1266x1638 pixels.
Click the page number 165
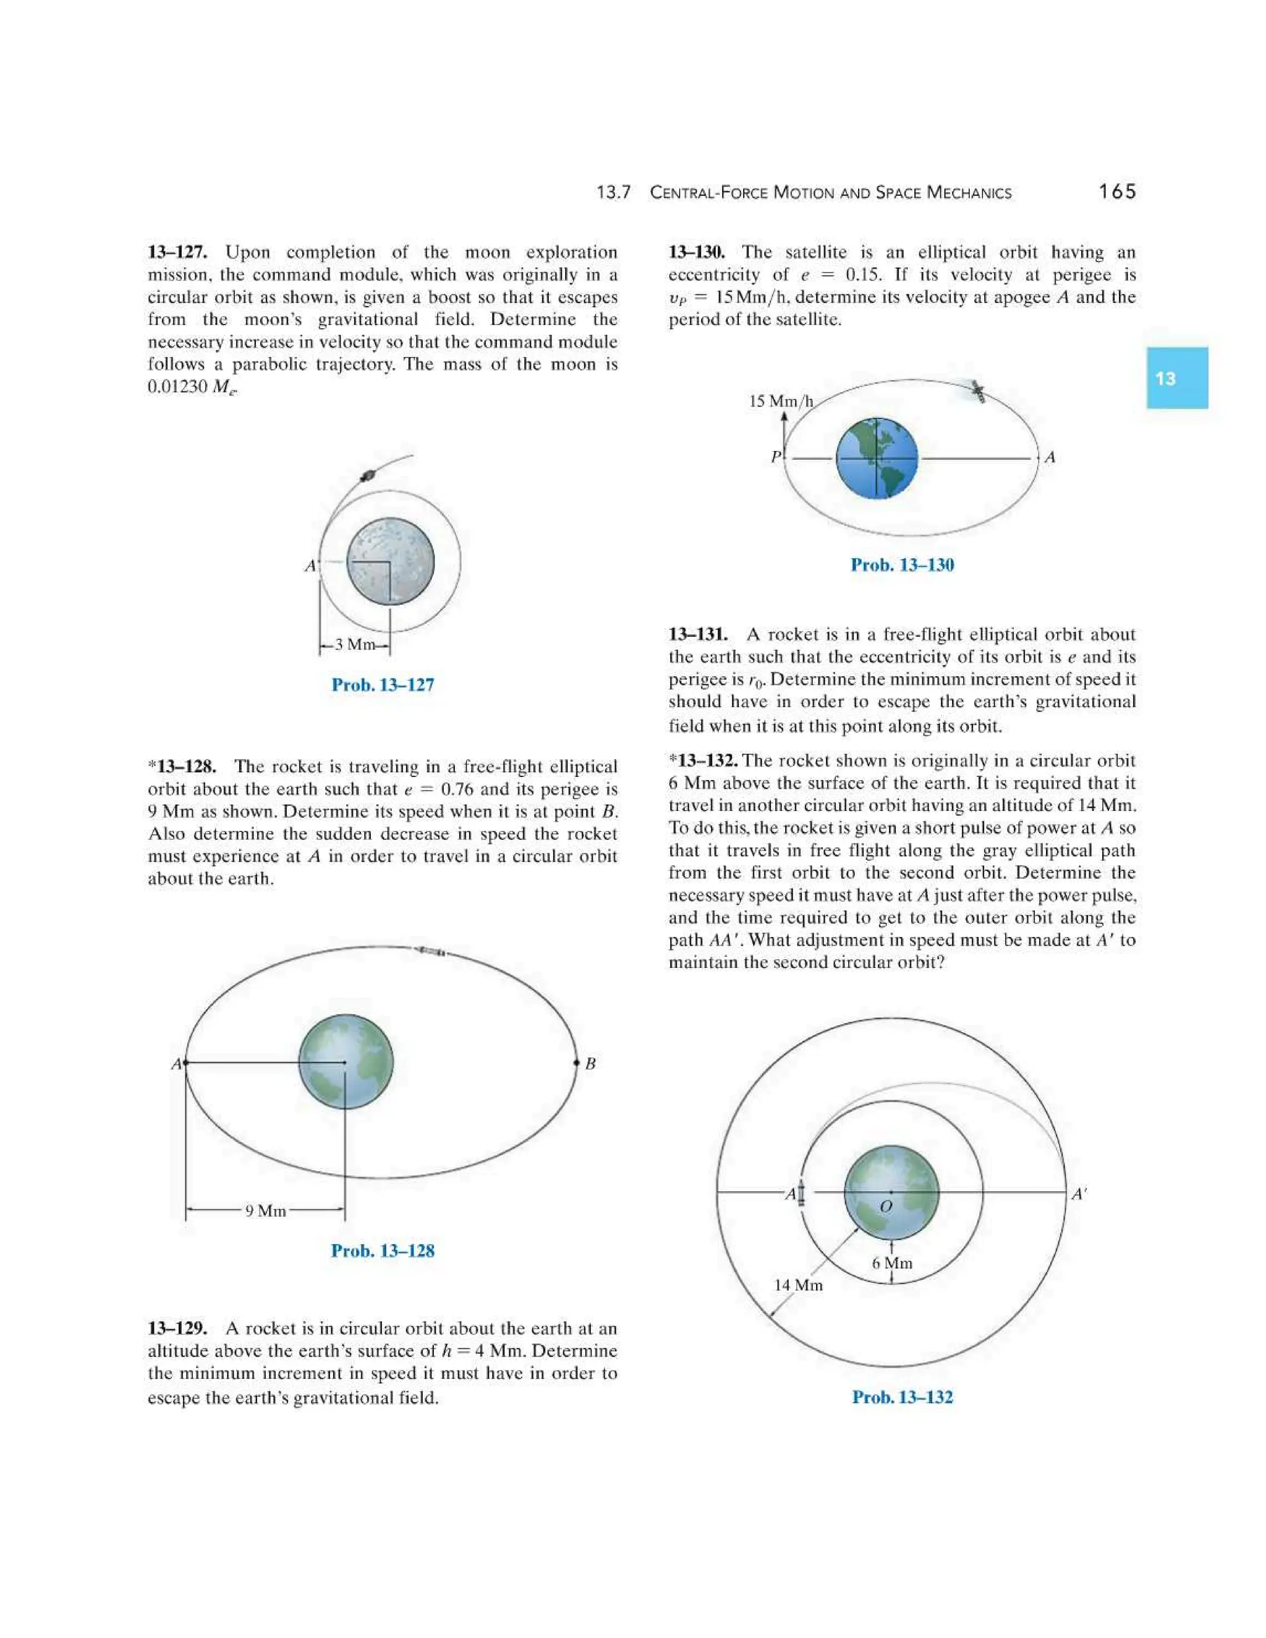tap(1117, 192)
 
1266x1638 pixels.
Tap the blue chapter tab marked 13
tap(1176, 378)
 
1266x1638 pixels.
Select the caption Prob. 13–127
tap(383, 685)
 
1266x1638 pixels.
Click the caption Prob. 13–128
tap(383, 1250)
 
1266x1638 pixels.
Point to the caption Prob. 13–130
tap(903, 565)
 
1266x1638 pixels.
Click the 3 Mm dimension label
tap(354, 644)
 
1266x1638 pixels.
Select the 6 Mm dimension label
tap(892, 1262)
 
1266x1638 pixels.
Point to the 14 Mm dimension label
tap(798, 1285)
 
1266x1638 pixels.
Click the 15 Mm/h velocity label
tap(781, 401)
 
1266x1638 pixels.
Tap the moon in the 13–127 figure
tap(391, 561)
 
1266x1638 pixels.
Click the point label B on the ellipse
tap(590, 1064)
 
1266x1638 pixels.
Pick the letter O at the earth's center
tap(886, 1207)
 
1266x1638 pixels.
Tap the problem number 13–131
tap(697, 635)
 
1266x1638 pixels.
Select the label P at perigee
tap(776, 457)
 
